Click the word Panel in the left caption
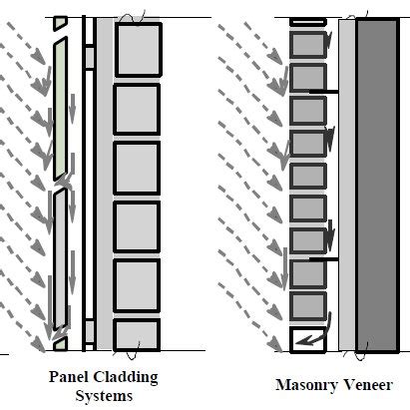click(x=69, y=378)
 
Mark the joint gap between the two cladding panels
click(x=60, y=185)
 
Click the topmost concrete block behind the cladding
click(x=137, y=50)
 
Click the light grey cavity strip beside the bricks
click(x=346, y=185)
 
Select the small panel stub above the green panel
click(x=61, y=22)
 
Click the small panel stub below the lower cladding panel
click(x=60, y=344)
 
